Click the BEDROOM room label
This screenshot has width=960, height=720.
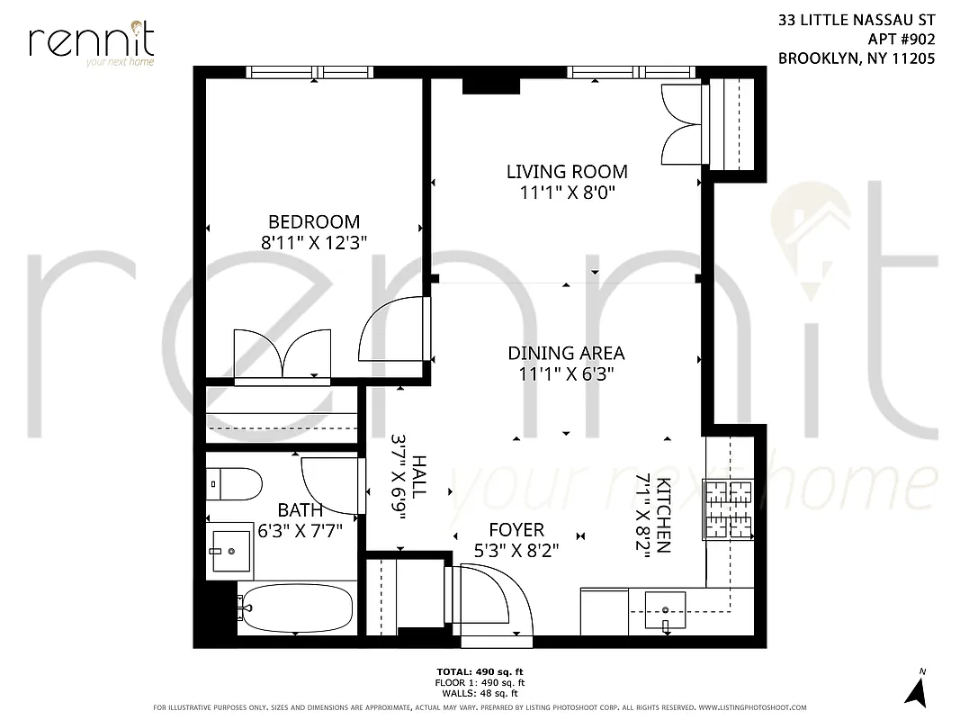[x=314, y=221]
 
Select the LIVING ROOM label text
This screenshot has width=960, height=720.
[x=567, y=171]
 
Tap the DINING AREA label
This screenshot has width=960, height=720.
[x=566, y=353]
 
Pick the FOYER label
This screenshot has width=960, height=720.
[x=516, y=530]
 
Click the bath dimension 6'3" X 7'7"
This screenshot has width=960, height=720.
[x=301, y=530]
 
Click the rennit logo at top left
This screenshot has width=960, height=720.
[x=91, y=42]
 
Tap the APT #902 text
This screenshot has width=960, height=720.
[x=902, y=39]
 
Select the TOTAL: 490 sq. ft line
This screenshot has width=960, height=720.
[x=480, y=671]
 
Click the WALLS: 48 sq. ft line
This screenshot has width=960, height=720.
[x=480, y=693]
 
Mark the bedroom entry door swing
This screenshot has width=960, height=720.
[x=393, y=329]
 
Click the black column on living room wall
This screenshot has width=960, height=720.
[x=491, y=85]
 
